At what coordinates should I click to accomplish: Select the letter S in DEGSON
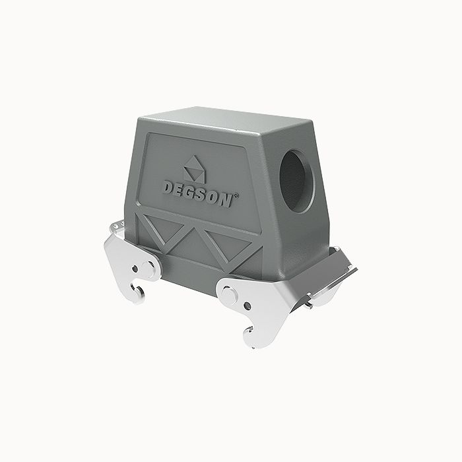click(203, 194)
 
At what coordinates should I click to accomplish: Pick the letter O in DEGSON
click(215, 197)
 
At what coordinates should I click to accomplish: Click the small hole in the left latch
click(135, 271)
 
